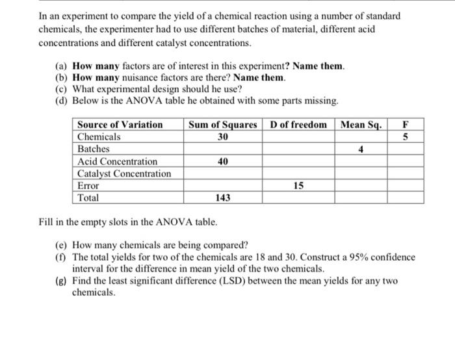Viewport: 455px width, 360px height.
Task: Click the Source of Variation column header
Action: tap(120, 125)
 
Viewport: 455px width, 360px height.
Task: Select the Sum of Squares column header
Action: tap(223, 125)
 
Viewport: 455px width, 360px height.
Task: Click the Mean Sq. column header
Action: tap(361, 125)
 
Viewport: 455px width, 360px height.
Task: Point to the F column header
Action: tap(406, 125)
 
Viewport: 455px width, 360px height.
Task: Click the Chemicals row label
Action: tap(99, 137)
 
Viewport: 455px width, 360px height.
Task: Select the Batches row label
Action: tap(94, 149)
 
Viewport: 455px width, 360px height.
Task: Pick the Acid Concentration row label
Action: tap(117, 161)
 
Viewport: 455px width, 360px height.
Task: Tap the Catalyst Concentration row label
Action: tap(124, 174)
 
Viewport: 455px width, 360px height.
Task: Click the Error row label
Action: tap(89, 185)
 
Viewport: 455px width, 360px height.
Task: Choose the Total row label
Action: tap(88, 198)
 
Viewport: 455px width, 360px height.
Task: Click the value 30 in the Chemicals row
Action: tap(223, 137)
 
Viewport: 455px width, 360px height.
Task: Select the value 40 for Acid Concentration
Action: tap(223, 161)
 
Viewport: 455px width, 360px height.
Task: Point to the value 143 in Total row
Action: tap(223, 198)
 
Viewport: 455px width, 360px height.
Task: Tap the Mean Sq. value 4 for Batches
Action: tap(361, 149)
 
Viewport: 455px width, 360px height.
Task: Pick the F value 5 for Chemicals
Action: tap(406, 137)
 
